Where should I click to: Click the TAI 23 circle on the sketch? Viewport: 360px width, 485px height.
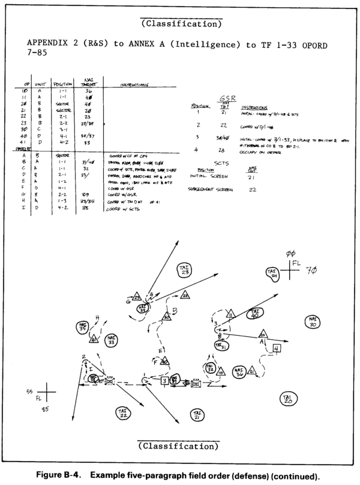click(x=185, y=270)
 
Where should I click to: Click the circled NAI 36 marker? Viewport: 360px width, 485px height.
click(x=240, y=372)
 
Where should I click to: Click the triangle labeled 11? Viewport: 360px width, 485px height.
click(x=230, y=314)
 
